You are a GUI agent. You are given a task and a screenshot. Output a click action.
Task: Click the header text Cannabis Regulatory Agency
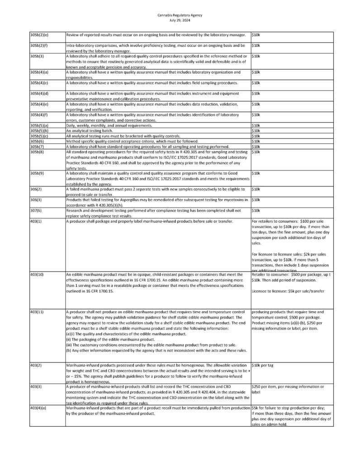[180, 15]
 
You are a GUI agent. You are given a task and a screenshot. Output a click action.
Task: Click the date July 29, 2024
[180, 20]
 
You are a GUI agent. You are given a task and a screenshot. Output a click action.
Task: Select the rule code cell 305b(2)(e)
[39, 35]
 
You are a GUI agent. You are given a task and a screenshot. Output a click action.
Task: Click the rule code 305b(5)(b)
[39, 131]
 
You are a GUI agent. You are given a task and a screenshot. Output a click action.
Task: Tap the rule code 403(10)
[37, 275]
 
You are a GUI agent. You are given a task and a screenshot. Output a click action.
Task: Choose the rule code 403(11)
[37, 312]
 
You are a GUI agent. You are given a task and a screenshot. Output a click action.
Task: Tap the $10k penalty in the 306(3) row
[256, 200]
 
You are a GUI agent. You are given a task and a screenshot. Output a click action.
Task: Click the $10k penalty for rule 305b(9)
[256, 173]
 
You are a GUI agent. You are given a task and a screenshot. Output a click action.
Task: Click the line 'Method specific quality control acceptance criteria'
[122, 141]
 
